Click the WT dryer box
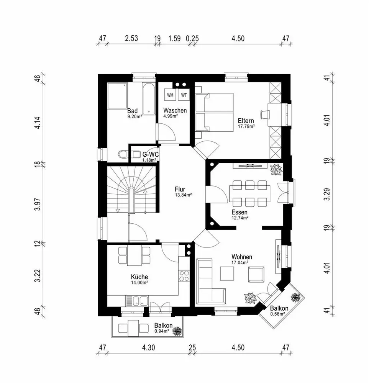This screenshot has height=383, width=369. [x=184, y=95]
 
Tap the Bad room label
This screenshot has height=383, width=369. [x=133, y=111]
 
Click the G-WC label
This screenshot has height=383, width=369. [x=151, y=154]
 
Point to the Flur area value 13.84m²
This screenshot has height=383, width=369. [x=183, y=195]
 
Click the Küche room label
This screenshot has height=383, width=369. [x=139, y=277]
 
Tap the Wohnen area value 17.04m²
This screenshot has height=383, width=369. [x=239, y=263]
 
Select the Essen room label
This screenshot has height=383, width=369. [x=239, y=212]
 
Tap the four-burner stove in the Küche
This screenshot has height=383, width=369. [x=184, y=276]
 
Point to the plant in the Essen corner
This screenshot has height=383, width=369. [x=275, y=169]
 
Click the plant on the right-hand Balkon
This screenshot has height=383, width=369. [x=295, y=297]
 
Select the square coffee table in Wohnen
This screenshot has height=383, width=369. [x=228, y=273]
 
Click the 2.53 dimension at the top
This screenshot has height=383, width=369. [x=131, y=38]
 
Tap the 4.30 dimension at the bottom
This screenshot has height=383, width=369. [x=149, y=348]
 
